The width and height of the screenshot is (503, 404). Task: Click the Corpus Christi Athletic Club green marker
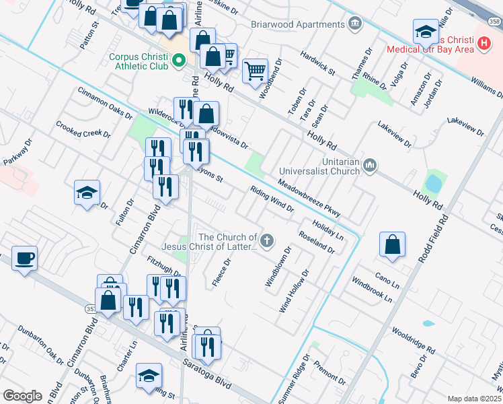point(179,63)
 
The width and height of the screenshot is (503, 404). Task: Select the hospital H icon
point(483,44)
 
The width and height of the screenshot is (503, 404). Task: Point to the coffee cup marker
point(25,259)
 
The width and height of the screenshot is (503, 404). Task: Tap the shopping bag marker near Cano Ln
point(392,245)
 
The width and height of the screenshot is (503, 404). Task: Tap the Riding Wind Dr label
point(272,199)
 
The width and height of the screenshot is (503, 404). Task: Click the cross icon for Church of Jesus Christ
point(268,240)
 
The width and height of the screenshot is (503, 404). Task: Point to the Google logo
point(23,396)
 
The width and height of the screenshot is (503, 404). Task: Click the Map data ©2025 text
point(474,399)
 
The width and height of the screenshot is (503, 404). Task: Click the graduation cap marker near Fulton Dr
point(87,193)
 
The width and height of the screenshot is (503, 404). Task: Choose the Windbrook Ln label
point(371,290)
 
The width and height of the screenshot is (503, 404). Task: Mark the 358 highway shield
point(494,22)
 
